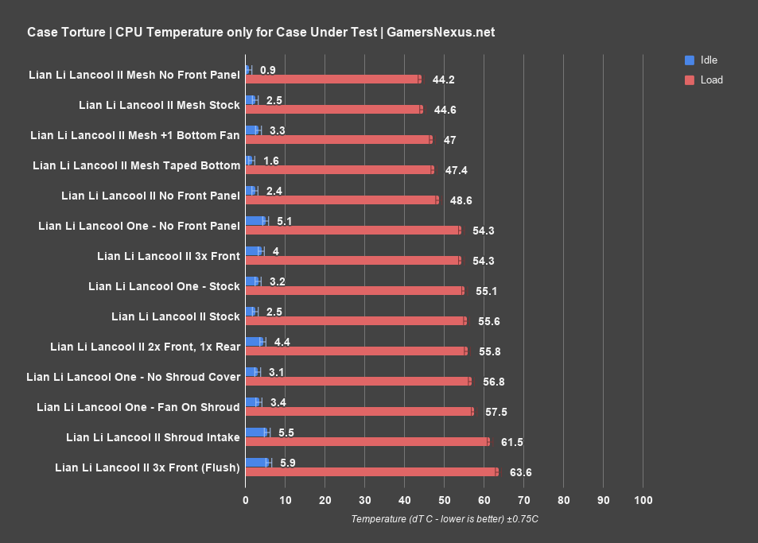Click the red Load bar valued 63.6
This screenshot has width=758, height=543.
click(371, 472)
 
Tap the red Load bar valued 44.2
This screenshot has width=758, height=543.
click(332, 80)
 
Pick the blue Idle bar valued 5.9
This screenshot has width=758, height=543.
click(257, 463)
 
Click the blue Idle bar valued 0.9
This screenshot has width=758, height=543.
click(247, 70)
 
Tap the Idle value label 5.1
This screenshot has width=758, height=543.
click(283, 221)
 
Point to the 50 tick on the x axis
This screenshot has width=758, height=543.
click(444, 500)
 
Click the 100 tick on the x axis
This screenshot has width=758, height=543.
click(643, 500)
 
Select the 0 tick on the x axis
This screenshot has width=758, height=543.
click(245, 500)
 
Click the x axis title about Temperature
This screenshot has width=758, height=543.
click(445, 519)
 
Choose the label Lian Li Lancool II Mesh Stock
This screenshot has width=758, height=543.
click(159, 105)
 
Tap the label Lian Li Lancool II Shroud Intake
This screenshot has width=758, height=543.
click(153, 437)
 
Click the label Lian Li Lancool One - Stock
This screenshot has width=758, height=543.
click(164, 286)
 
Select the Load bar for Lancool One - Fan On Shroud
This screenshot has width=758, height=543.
click(360, 412)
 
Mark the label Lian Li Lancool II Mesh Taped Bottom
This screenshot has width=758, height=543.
click(136, 165)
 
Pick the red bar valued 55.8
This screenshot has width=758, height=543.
click(356, 351)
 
